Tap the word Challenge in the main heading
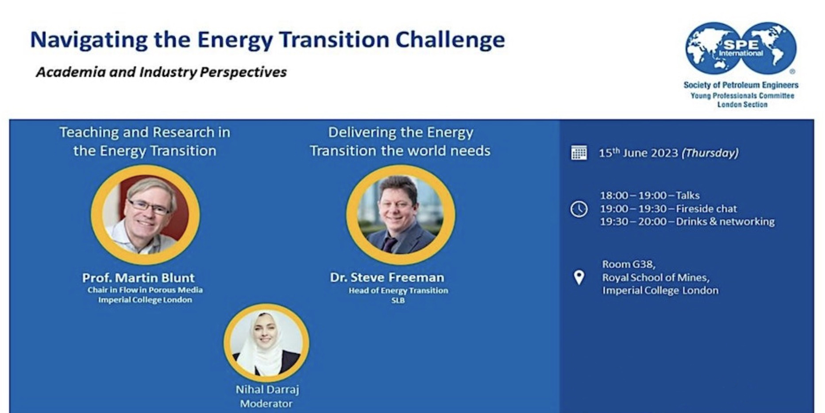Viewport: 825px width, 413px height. click(450, 40)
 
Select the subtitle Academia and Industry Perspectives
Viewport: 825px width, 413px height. click(161, 72)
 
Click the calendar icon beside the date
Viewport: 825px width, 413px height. click(579, 153)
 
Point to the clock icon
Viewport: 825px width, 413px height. click(579, 209)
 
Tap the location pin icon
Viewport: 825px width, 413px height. click(579, 277)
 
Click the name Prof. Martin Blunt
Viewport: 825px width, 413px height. click(138, 278)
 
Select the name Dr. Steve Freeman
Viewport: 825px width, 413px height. click(387, 277)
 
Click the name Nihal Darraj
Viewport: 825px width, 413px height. click(267, 390)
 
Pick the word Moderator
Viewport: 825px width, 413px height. click(266, 404)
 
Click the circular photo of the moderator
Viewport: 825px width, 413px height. click(266, 343)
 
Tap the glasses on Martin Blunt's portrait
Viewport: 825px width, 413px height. click(149, 207)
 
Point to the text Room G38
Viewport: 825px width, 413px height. click(628, 264)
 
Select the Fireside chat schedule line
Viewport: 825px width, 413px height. click(668, 209)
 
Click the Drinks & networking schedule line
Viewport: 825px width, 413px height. click(687, 222)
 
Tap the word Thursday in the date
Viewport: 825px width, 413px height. click(710, 153)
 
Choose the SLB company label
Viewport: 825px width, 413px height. click(398, 300)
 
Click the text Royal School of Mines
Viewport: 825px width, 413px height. click(655, 278)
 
